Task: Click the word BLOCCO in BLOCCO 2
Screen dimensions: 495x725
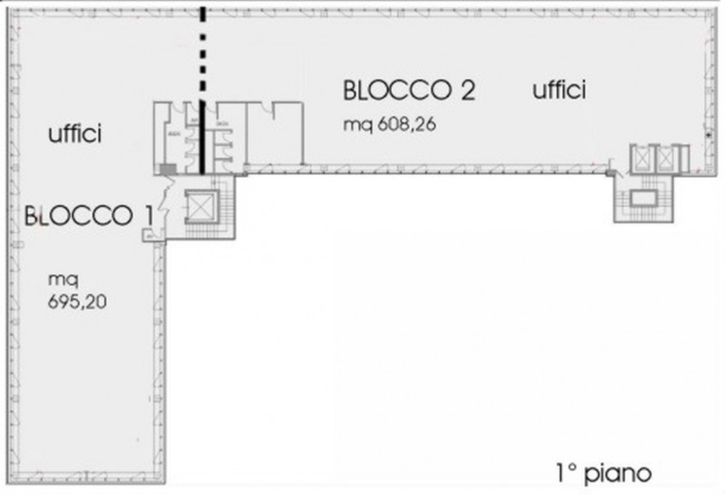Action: (395, 92)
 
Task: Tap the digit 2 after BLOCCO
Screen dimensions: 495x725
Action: (466, 92)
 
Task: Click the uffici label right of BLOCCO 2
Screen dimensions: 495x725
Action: (559, 90)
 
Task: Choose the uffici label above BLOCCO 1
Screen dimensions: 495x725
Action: (75, 135)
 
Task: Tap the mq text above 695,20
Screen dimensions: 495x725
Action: (59, 280)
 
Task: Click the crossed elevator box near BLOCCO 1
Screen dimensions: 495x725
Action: (198, 209)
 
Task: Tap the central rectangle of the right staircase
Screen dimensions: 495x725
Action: (646, 197)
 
